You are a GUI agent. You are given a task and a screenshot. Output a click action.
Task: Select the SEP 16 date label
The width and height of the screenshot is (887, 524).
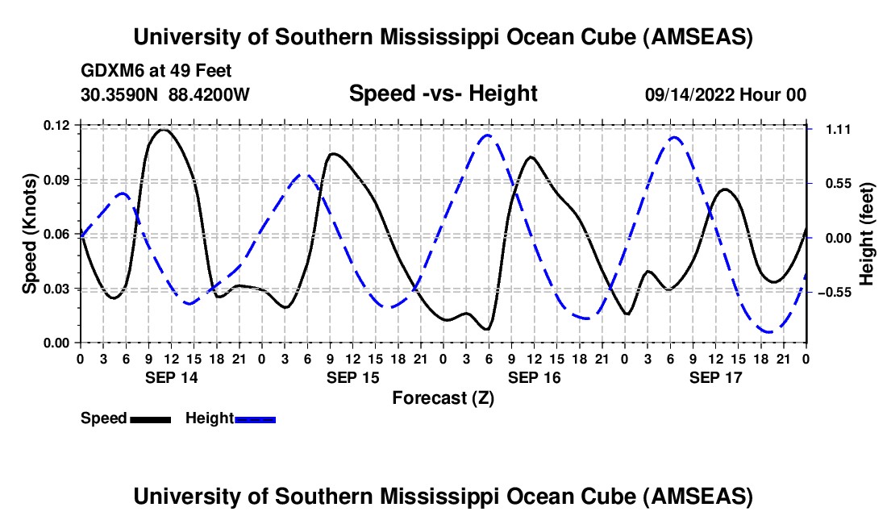point(534,377)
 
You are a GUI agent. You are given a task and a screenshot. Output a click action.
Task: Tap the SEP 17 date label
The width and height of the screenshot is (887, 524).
point(715,377)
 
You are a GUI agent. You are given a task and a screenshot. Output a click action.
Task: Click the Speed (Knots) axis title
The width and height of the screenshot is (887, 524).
point(30,234)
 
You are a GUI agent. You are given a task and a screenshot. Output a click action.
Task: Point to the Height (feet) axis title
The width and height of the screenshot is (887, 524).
point(867,234)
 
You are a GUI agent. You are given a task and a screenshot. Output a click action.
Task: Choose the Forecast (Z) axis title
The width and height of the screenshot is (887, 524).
point(443,397)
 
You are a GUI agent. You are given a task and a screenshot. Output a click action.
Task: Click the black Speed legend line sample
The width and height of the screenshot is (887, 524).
point(150,419)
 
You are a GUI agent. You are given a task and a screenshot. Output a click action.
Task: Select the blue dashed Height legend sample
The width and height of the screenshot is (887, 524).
point(255,419)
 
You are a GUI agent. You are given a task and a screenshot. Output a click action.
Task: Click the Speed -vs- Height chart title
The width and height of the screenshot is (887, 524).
point(443,94)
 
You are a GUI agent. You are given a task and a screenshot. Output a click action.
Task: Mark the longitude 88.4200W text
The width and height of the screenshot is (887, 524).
point(209,94)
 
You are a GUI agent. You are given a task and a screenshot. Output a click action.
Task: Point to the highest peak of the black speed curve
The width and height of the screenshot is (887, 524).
point(163,130)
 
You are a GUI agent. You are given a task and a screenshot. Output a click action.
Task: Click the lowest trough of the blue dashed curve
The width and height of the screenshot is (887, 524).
point(770,331)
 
